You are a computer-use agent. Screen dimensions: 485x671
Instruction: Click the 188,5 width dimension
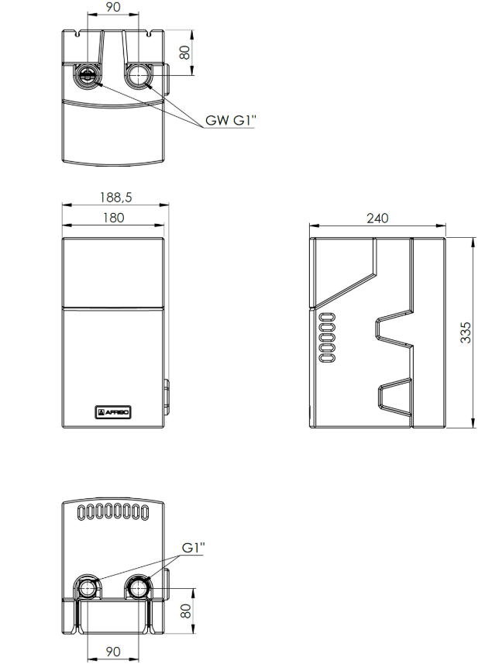point(116,198)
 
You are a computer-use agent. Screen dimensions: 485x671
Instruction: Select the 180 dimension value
point(113,218)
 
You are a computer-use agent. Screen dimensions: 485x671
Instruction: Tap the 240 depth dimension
point(377,219)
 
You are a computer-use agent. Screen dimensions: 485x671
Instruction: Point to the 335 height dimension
point(466,332)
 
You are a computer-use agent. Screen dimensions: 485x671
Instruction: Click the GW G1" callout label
point(230,120)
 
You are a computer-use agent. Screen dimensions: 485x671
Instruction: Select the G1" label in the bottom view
point(194,547)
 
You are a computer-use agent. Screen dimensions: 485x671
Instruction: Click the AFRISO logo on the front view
point(112,412)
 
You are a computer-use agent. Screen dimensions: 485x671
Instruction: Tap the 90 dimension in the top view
point(113,7)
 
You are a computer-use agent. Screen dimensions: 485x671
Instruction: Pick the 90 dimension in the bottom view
point(113,652)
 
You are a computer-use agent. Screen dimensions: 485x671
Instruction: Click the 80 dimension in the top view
point(184,53)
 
